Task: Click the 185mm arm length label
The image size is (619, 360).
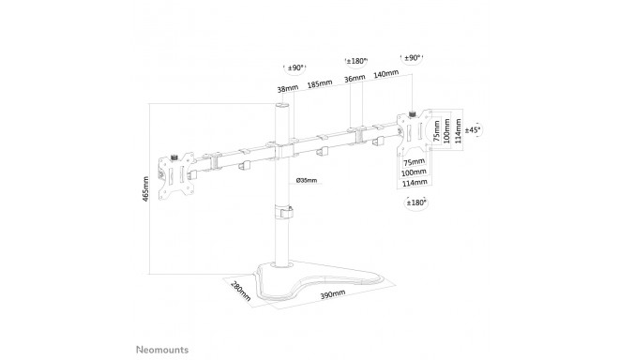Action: click(x=320, y=84)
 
